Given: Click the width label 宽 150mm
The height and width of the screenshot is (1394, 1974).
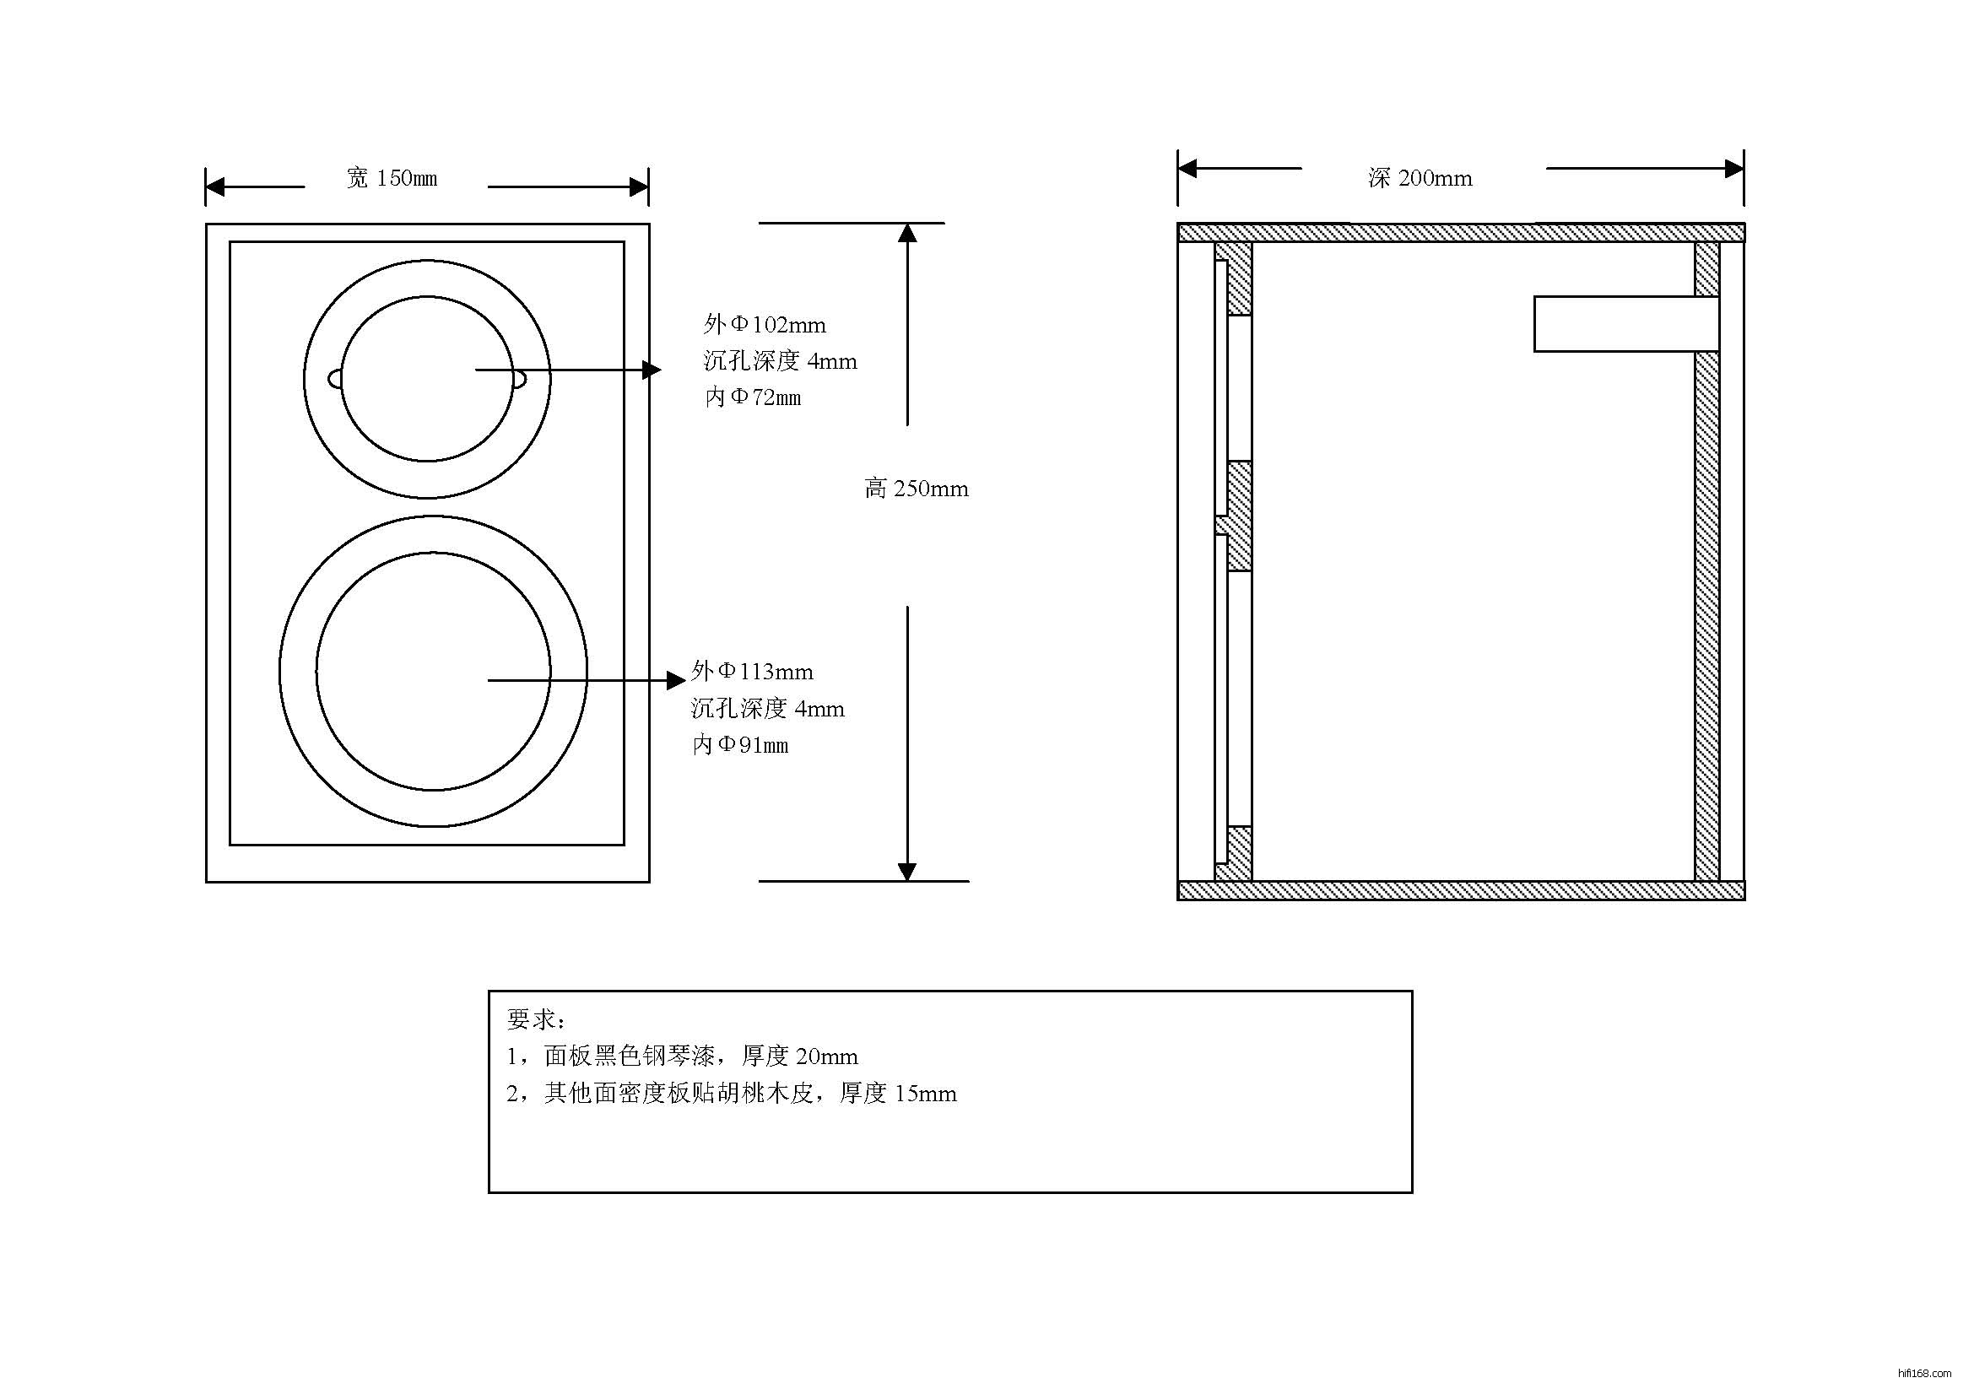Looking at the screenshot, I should click(392, 179).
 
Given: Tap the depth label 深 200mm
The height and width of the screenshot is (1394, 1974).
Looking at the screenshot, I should click(1420, 179).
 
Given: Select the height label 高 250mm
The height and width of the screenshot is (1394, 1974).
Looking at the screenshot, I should click(917, 489).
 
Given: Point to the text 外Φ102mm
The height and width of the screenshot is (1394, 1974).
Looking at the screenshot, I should click(765, 325).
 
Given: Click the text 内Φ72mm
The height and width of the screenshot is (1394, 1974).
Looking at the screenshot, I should click(752, 397).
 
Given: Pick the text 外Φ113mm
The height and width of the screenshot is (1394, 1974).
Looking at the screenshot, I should click(751, 671).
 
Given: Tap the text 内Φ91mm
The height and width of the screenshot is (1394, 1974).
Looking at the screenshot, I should click(740, 745).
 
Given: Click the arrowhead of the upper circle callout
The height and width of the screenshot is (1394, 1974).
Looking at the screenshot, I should click(652, 370).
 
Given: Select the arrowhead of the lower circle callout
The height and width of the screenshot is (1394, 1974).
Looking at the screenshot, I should click(677, 681).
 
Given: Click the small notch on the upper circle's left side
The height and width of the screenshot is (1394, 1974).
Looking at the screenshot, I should click(334, 379).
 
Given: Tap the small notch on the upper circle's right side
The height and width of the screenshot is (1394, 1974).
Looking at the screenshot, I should click(520, 379).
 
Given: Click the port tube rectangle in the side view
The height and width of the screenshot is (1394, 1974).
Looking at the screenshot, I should click(1625, 324).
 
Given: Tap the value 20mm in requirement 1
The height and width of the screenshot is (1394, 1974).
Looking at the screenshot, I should click(826, 1056).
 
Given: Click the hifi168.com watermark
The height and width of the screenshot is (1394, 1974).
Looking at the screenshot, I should click(1924, 1375).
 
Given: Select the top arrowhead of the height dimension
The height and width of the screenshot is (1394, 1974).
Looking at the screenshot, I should click(908, 233).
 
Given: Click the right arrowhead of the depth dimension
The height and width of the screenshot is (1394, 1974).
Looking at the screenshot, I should click(1734, 169).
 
